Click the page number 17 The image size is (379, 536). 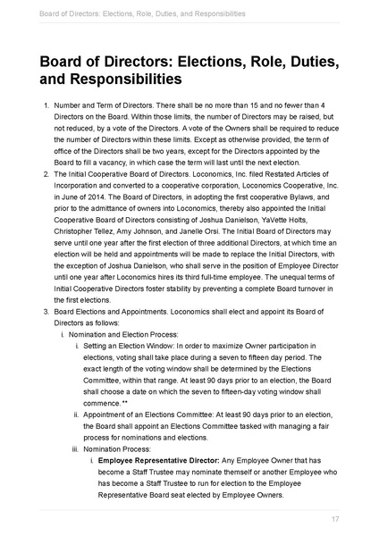[x=334, y=519]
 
